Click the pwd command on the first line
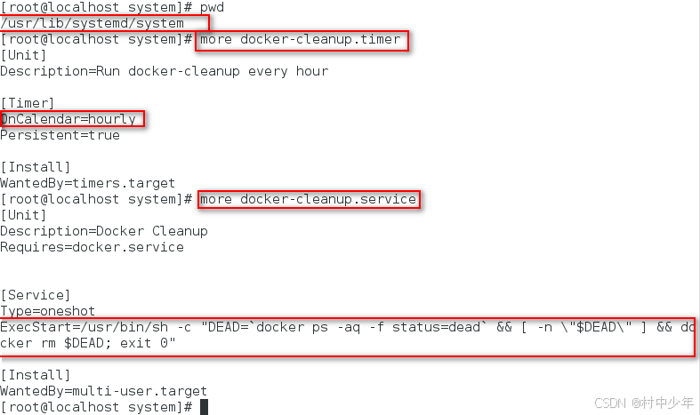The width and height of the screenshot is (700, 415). [212, 7]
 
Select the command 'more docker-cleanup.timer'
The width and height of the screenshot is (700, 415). [303, 39]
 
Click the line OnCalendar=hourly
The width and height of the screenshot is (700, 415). [69, 119]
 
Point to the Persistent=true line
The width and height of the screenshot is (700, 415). [60, 135]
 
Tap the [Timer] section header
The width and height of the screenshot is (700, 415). [28, 103]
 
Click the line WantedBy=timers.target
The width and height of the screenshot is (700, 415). [87, 183]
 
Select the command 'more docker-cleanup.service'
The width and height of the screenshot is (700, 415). [308, 199]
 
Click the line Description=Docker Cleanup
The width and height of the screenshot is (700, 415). [103, 231]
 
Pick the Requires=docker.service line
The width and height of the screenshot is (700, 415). [92, 247]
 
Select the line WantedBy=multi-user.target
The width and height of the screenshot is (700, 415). [103, 391]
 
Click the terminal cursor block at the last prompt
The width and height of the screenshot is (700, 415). [204, 407]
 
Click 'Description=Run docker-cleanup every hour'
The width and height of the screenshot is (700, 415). [164, 71]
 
